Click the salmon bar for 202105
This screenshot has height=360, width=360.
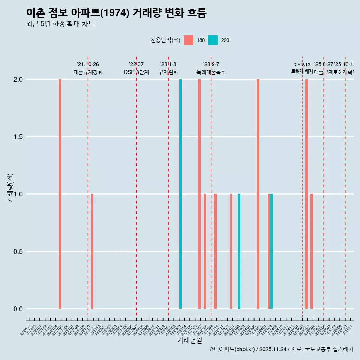(60, 194)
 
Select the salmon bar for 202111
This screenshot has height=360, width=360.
(92, 251)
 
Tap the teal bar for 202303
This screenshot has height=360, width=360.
(180, 194)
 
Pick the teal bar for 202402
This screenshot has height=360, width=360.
(239, 251)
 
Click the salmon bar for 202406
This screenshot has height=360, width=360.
(258, 194)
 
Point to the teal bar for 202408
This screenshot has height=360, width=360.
(271, 251)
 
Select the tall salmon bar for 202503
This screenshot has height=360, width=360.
(306, 194)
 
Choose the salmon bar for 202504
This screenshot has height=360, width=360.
(312, 251)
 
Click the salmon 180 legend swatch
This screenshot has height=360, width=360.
(189, 40)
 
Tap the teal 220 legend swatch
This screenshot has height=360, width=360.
(213, 40)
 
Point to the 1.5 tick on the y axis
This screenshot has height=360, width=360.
(18, 137)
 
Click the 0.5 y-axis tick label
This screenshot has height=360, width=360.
(18, 252)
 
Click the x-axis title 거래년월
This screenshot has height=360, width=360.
(189, 340)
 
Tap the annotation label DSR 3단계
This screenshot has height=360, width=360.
(136, 72)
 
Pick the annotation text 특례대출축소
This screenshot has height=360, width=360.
(211, 72)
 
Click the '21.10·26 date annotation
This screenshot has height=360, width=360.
(88, 64)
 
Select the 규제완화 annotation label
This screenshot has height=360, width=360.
(168, 72)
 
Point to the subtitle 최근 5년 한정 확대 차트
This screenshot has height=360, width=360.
(60, 24)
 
